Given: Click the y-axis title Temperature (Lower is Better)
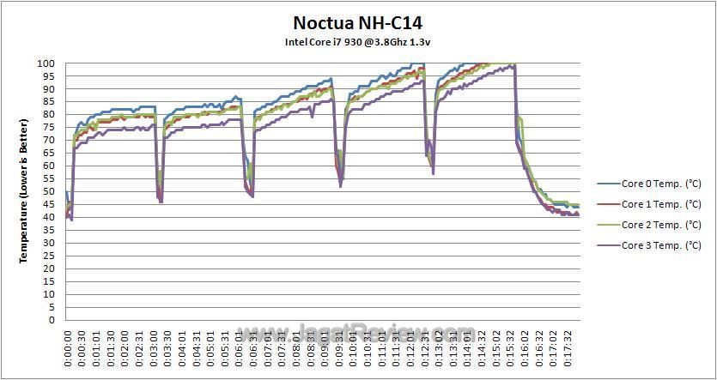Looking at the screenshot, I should click(25, 192).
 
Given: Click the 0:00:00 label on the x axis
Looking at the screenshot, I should click(69, 347).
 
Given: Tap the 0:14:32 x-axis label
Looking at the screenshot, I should click(480, 347).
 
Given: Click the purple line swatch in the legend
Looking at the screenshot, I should click(608, 246).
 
